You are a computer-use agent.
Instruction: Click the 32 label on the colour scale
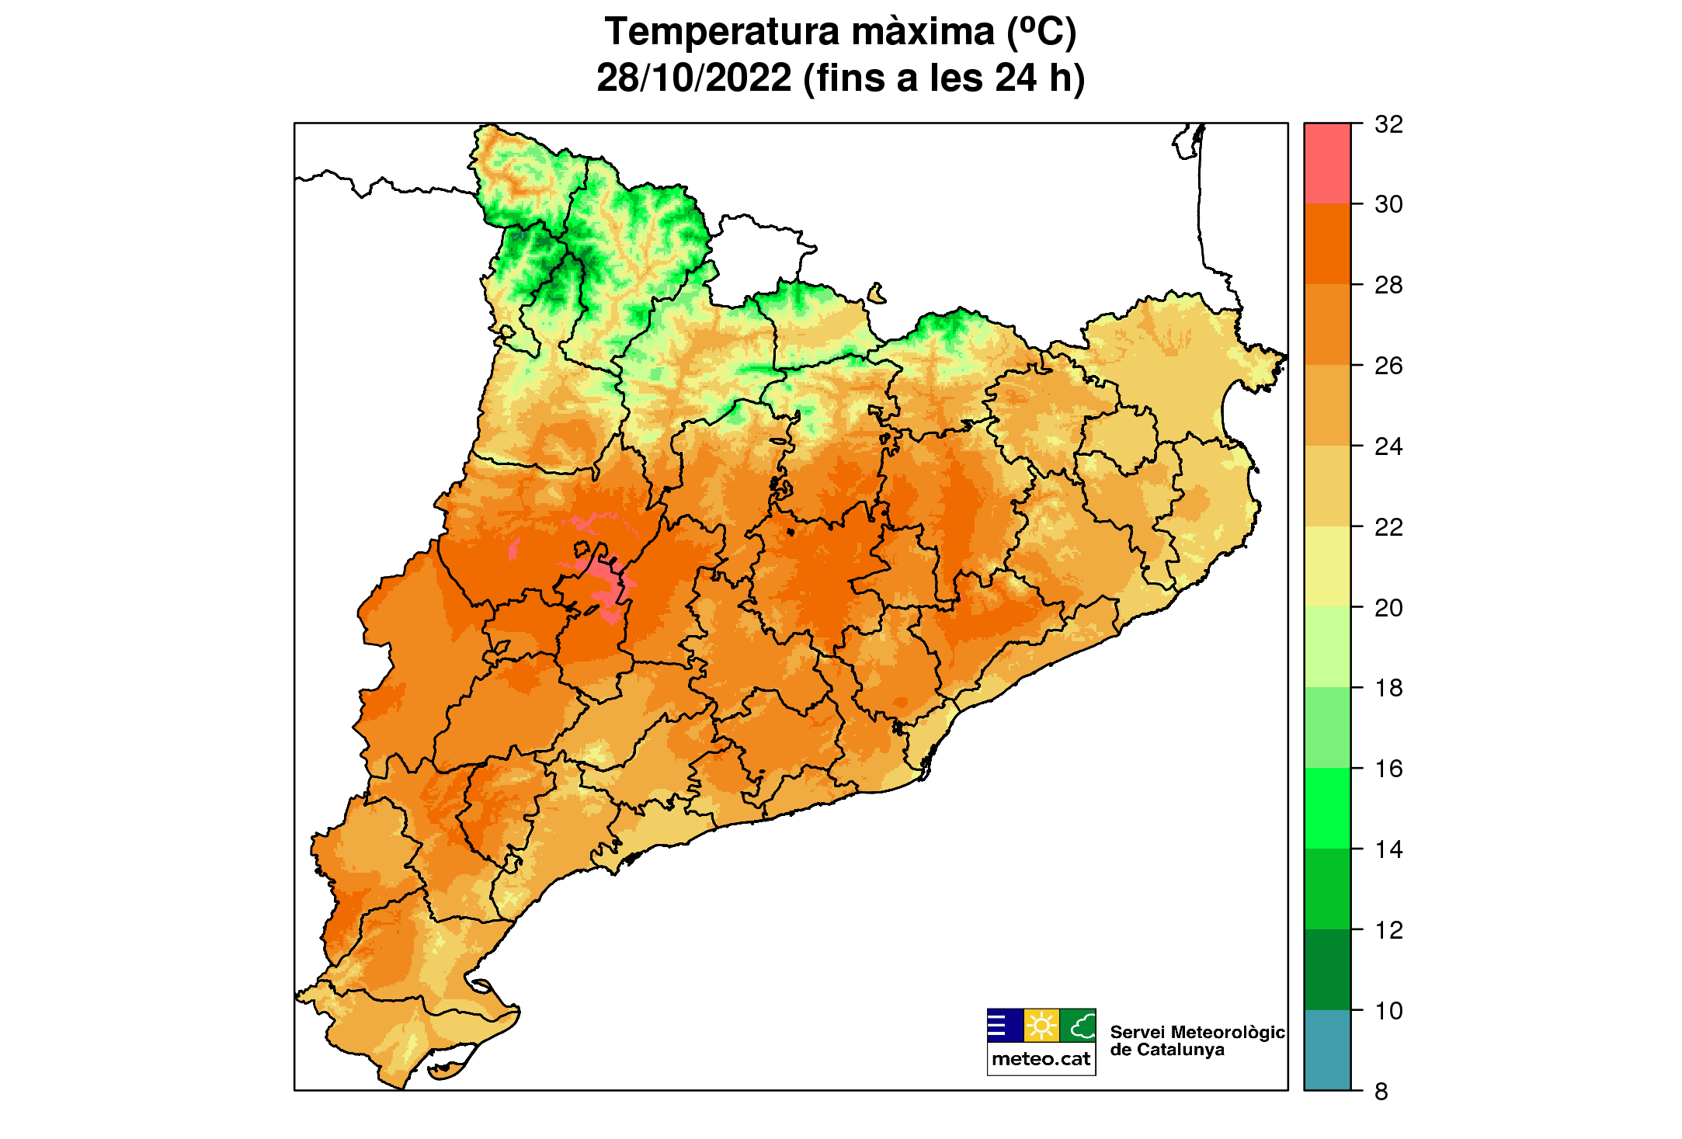(1388, 124)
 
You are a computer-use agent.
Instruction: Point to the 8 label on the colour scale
(1381, 1092)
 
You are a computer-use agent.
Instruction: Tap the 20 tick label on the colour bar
(1388, 608)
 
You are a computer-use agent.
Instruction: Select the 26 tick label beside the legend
(1388, 366)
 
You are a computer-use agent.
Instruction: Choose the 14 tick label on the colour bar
(1388, 849)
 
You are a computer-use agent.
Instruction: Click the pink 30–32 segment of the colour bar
(1327, 163)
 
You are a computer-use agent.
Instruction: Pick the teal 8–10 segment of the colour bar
(1327, 1050)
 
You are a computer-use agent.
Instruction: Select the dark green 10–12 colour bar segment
(1327, 970)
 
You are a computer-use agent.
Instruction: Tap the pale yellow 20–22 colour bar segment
(1327, 567)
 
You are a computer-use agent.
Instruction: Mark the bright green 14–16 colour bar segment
(1327, 808)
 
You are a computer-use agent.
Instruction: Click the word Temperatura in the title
(722, 33)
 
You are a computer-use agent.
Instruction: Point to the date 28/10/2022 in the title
(693, 78)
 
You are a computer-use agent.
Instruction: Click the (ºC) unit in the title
(1041, 33)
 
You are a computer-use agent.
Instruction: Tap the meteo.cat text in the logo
(1041, 1059)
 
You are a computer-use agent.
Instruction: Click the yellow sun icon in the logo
(1041, 1026)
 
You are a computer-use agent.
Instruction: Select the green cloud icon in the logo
(1079, 1026)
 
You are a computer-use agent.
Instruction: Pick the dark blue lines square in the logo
(1005, 1026)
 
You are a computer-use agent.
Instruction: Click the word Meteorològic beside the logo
(1227, 1033)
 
